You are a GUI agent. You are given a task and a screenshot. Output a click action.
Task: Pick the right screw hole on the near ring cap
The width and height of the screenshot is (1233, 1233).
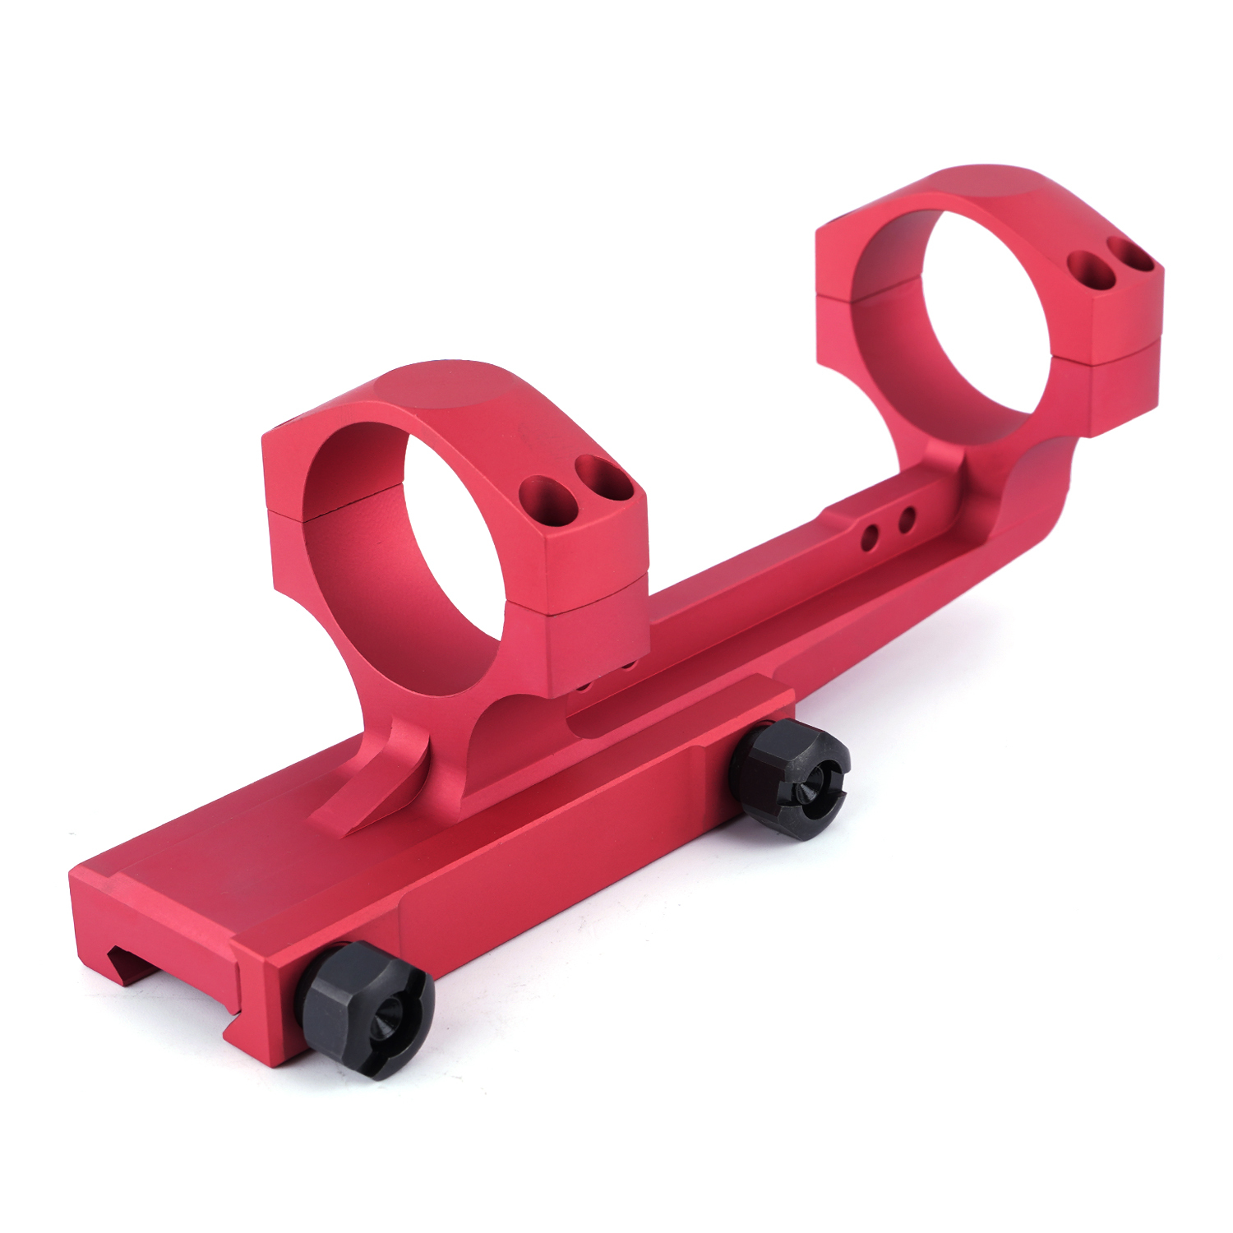[603, 478]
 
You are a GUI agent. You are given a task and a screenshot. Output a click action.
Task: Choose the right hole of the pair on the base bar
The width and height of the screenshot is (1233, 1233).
[907, 520]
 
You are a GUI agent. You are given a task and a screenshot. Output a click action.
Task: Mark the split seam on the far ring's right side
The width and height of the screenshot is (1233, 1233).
[1118, 351]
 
